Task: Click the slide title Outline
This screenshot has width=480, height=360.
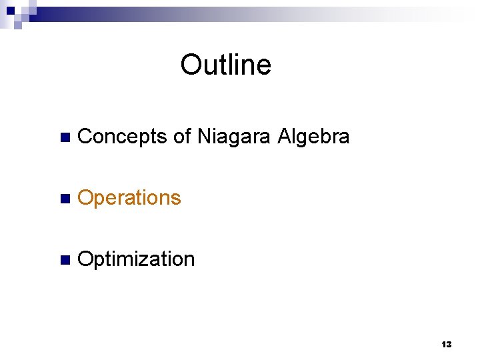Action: (x=225, y=65)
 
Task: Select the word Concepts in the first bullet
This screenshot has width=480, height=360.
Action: (x=122, y=137)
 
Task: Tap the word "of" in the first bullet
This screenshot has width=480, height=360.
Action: (x=182, y=137)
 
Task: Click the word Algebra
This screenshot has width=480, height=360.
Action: (x=313, y=137)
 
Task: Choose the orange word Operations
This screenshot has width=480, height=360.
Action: (x=129, y=198)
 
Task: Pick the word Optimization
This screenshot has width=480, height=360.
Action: (x=136, y=259)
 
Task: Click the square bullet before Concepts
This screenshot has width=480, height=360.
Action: (x=64, y=138)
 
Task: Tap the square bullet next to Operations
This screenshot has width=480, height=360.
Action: (x=64, y=199)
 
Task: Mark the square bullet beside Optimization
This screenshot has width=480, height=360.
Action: (x=64, y=261)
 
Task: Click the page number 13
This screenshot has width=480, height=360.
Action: (x=447, y=345)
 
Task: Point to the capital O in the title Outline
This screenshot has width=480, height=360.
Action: (x=191, y=65)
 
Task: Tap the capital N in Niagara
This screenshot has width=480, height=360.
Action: (x=203, y=137)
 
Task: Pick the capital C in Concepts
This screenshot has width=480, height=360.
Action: (x=85, y=137)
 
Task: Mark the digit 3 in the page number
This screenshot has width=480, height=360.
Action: (x=449, y=345)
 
